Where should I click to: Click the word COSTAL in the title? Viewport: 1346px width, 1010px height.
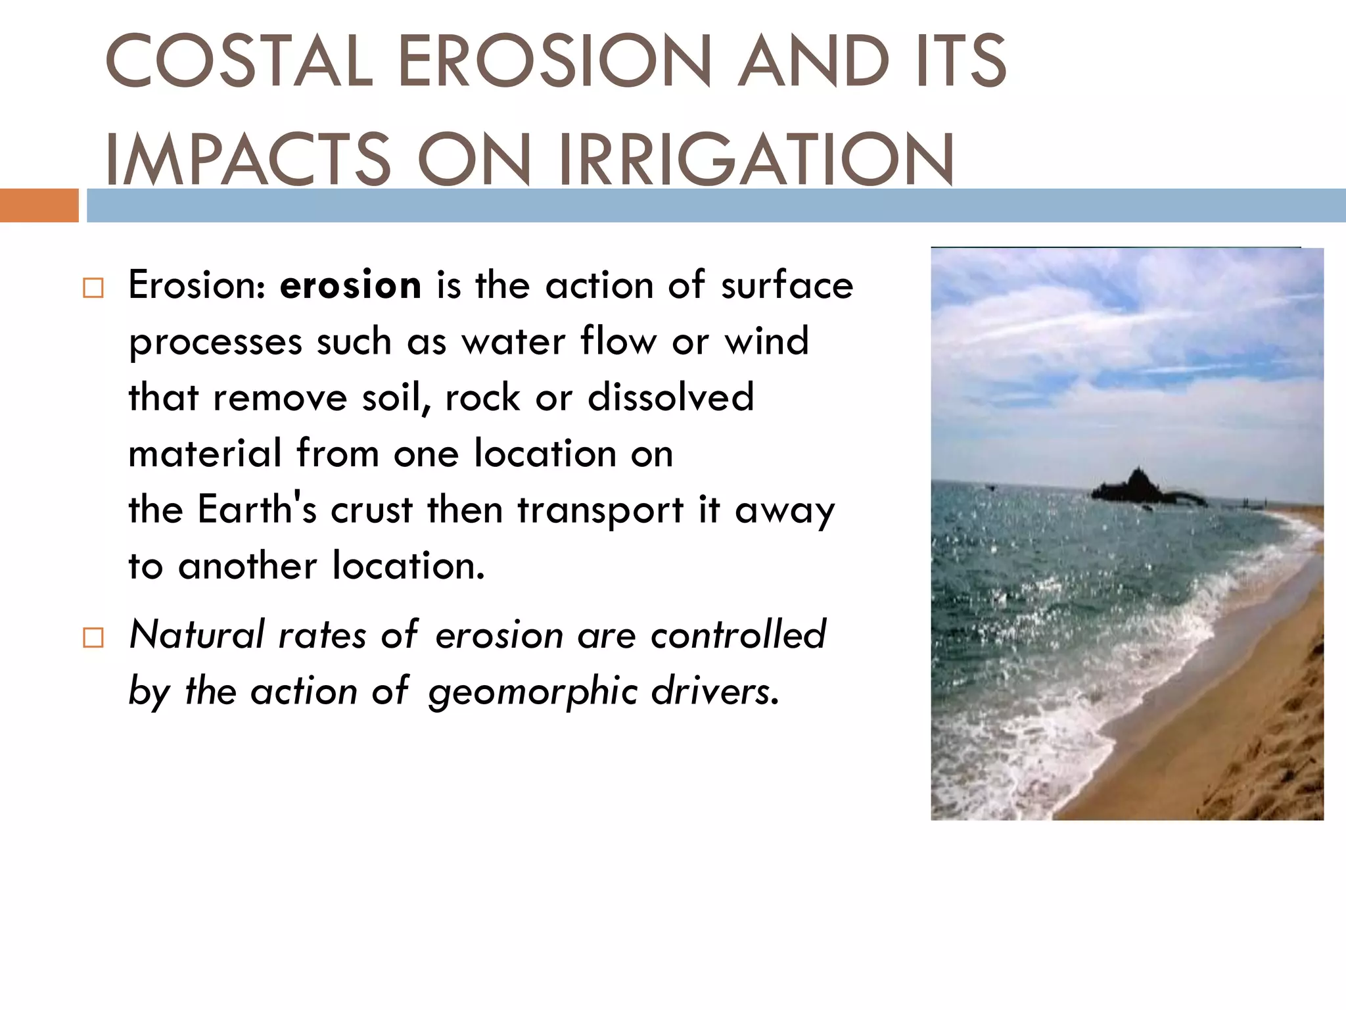[239, 60]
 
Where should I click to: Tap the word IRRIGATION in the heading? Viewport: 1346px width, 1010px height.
[756, 159]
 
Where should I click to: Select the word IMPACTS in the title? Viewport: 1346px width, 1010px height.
[248, 159]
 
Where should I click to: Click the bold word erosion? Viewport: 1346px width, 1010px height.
[350, 285]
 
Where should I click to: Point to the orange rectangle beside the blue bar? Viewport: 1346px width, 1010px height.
[39, 205]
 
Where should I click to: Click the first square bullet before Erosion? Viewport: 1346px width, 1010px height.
[93, 288]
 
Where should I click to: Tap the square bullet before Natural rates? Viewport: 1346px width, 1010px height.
[93, 638]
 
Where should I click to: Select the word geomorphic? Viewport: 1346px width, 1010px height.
[532, 692]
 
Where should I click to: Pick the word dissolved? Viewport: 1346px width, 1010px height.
[670, 397]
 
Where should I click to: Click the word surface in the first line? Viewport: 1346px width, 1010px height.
[786, 285]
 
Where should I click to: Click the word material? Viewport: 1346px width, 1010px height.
[205, 454]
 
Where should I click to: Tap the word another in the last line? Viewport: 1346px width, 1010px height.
[247, 565]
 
